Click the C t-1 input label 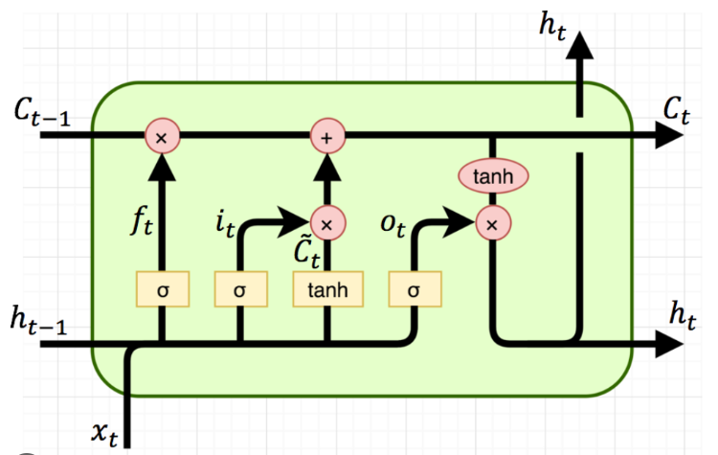(42, 113)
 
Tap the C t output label (676, 112)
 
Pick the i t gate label (225, 223)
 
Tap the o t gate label (393, 224)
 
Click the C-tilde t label (306, 253)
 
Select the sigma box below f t (163, 289)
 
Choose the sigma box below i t (241, 289)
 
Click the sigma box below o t (415, 289)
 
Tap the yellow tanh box (327, 289)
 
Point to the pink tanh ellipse (493, 176)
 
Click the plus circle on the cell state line (327, 136)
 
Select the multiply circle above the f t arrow (162, 136)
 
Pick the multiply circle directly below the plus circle (327, 223)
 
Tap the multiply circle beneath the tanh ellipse (493, 223)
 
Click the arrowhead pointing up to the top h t (580, 45)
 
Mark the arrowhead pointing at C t (668, 135)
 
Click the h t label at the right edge (683, 315)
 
